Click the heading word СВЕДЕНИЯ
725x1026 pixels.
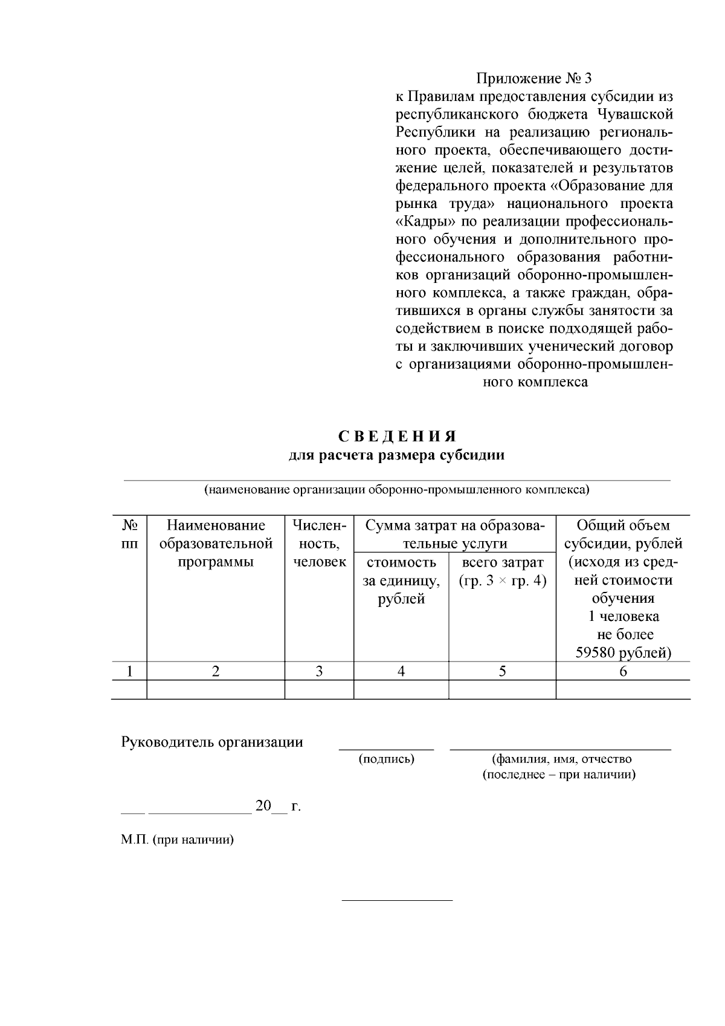pos(396,437)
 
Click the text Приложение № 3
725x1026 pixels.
pos(534,79)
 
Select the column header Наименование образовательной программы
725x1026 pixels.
pos(216,544)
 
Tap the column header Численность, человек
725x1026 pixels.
pos(319,544)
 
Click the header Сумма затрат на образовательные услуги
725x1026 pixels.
pos(455,534)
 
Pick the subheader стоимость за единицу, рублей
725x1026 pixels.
pos(401,580)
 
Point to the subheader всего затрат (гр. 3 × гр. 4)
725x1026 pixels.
pos(502,571)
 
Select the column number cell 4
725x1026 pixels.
pos(401,671)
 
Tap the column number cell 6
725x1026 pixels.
pos(623,671)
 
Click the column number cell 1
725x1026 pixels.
pos(129,671)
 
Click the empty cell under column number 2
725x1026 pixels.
pos(216,690)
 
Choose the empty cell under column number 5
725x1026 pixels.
pos(502,690)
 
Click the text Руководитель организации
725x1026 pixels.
pos(212,742)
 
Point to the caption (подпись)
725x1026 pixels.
pos(386,759)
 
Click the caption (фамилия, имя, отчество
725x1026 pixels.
pos(562,759)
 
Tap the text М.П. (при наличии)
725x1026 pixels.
pos(177,840)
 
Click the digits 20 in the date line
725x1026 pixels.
pos(263,806)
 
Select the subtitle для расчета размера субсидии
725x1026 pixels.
pos(396,455)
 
